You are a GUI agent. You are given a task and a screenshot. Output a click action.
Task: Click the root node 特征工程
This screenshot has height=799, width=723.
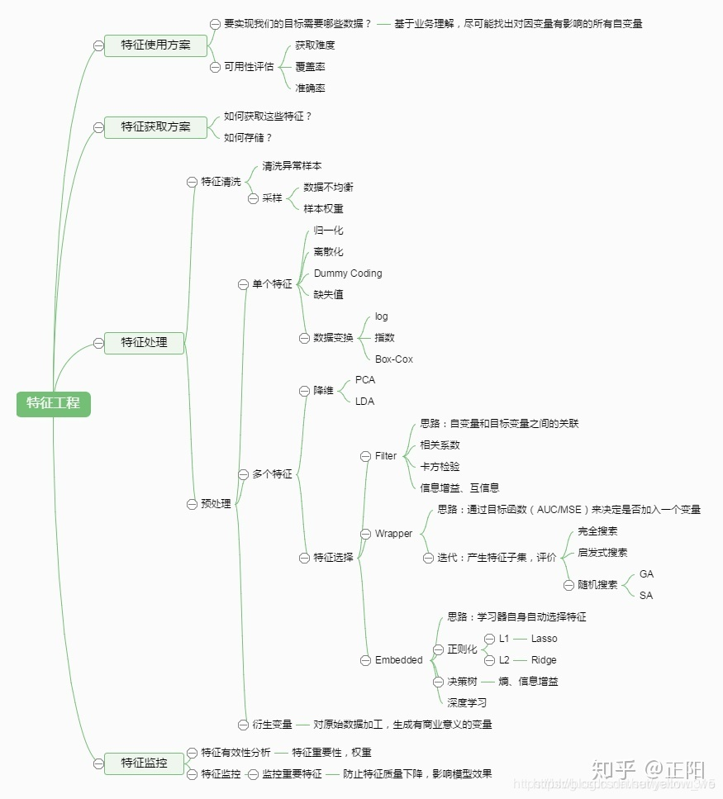click(53, 403)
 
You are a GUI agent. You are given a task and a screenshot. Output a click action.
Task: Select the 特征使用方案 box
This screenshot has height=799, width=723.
click(155, 45)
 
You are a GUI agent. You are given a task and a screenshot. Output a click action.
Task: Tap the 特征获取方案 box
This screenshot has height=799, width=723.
click(155, 126)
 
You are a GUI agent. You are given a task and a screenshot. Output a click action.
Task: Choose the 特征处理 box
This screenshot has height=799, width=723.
click(144, 342)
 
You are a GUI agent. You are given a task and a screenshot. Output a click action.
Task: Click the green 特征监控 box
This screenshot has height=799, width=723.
click(144, 763)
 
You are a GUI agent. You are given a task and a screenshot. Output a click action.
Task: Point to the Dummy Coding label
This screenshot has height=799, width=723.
click(348, 273)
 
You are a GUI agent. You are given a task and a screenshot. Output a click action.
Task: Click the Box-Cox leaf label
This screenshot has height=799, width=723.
click(393, 359)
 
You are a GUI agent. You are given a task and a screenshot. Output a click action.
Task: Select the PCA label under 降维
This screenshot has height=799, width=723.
click(364, 380)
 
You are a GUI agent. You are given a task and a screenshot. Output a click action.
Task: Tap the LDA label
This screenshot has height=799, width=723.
click(364, 402)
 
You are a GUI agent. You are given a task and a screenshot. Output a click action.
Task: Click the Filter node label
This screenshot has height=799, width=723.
click(385, 456)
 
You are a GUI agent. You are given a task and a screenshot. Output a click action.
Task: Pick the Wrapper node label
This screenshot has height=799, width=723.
click(393, 534)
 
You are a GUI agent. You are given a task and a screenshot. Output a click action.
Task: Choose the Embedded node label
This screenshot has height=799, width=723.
click(398, 660)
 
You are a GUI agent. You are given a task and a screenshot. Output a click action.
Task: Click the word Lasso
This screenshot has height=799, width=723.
click(544, 639)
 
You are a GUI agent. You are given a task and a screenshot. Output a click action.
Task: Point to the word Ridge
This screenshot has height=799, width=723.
click(544, 660)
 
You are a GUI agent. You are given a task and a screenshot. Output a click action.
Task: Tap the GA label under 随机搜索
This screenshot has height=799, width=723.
click(646, 574)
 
